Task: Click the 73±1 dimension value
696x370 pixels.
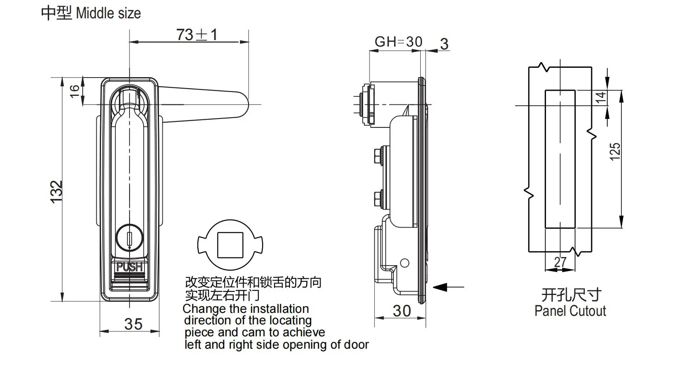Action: click(x=196, y=35)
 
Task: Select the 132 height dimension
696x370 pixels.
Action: click(x=57, y=191)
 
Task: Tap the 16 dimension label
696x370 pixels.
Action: click(x=75, y=91)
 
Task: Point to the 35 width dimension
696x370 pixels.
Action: click(x=133, y=324)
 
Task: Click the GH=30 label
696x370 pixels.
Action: click(x=398, y=42)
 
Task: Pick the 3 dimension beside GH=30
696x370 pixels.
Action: click(x=444, y=44)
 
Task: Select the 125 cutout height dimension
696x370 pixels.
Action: click(x=615, y=152)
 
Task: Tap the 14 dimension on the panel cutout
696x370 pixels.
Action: click(x=600, y=97)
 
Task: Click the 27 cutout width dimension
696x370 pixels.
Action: click(x=560, y=262)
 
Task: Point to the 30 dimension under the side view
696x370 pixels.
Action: click(x=401, y=311)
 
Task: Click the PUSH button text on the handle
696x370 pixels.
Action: click(x=129, y=267)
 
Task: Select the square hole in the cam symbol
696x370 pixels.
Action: click(x=230, y=245)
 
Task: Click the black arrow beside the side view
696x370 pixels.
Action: click(x=441, y=287)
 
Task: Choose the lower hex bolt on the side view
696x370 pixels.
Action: click(x=378, y=199)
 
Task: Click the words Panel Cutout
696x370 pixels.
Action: click(x=570, y=311)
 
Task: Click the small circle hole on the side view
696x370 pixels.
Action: click(x=405, y=263)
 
